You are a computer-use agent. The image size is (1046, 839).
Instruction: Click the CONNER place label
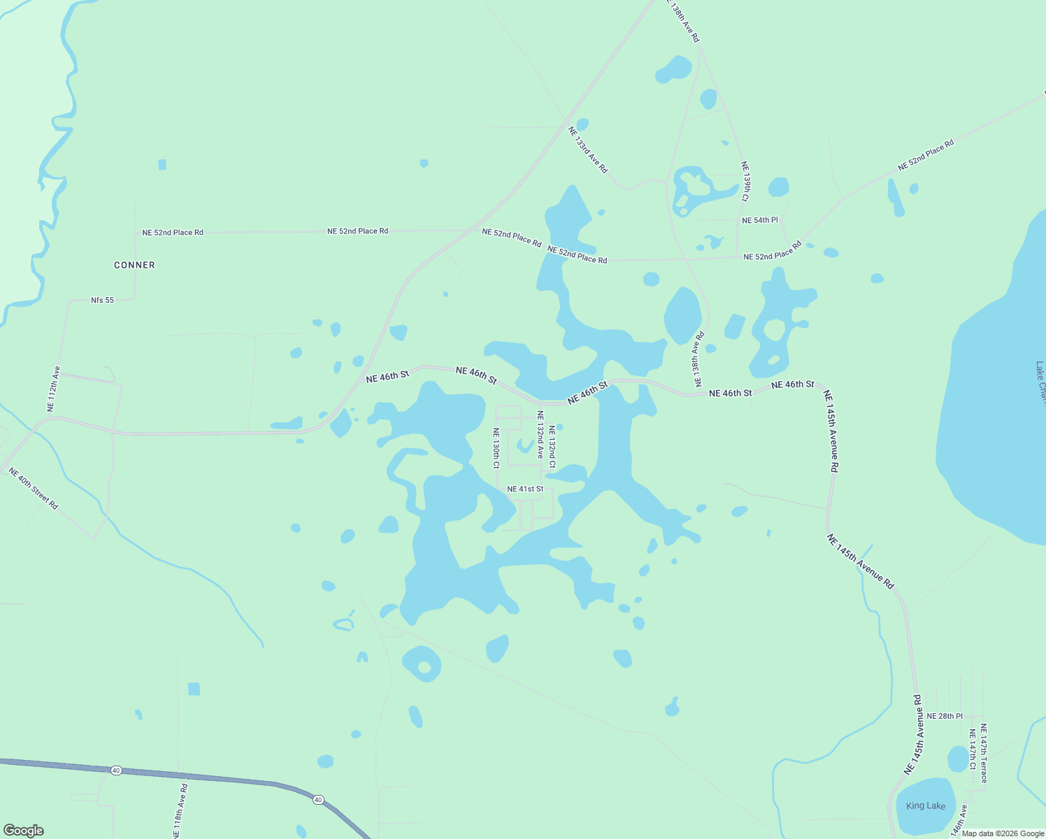point(134,265)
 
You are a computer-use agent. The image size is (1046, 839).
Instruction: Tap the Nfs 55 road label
point(102,300)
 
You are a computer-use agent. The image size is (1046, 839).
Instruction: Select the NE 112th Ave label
point(53,389)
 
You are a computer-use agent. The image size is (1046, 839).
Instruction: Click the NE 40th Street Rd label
point(34,488)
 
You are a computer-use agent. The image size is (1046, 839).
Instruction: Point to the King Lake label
point(925,806)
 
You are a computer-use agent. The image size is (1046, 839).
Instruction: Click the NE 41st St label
point(525,489)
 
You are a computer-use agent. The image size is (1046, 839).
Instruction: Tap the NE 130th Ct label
point(496,448)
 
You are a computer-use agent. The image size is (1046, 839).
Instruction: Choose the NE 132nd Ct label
point(552,447)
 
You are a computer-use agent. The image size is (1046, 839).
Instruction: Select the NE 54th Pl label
point(759,220)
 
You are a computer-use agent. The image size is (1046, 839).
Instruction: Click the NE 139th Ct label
point(746,182)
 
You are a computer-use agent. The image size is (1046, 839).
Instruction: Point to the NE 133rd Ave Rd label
point(588,150)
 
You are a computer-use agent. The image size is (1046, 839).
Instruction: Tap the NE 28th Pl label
point(944,716)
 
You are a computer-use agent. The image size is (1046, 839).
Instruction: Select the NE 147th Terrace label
point(983,753)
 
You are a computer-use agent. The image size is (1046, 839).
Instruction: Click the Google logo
point(23,831)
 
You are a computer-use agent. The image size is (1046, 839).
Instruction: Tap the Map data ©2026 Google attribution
point(1003,833)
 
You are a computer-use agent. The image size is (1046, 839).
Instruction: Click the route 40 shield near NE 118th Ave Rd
point(116,770)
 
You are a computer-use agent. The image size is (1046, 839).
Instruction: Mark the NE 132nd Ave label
point(540,434)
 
